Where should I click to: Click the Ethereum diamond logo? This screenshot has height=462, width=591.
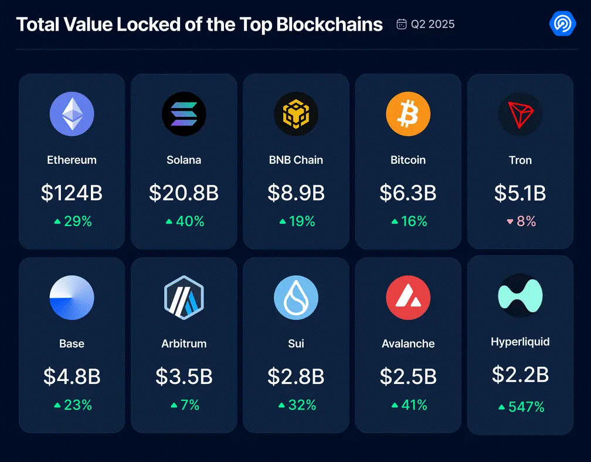click(72, 114)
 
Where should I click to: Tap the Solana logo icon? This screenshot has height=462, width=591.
click(184, 114)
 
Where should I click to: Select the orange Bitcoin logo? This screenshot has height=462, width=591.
click(408, 114)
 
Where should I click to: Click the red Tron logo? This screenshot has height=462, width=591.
click(520, 114)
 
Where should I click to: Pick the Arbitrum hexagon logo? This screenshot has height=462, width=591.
click(184, 298)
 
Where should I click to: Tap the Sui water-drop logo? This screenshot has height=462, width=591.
click(296, 298)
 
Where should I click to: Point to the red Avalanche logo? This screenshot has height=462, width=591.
click(408, 298)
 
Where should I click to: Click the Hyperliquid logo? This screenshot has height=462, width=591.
click(520, 295)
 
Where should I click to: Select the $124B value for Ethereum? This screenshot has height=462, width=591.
click(72, 193)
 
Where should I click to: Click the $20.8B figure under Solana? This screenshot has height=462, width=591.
click(184, 193)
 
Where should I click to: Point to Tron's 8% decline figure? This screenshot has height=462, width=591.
click(526, 221)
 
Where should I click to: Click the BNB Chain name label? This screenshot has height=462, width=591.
click(296, 160)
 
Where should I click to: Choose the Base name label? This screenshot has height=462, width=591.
click(72, 343)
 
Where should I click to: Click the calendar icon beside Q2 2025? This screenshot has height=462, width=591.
click(402, 24)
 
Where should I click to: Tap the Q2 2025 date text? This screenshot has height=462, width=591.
click(433, 24)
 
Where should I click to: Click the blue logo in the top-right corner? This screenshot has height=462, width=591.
click(562, 23)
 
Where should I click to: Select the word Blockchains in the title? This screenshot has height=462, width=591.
click(329, 24)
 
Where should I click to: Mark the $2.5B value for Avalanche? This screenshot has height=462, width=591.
click(408, 377)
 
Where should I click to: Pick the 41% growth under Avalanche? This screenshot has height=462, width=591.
click(414, 404)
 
